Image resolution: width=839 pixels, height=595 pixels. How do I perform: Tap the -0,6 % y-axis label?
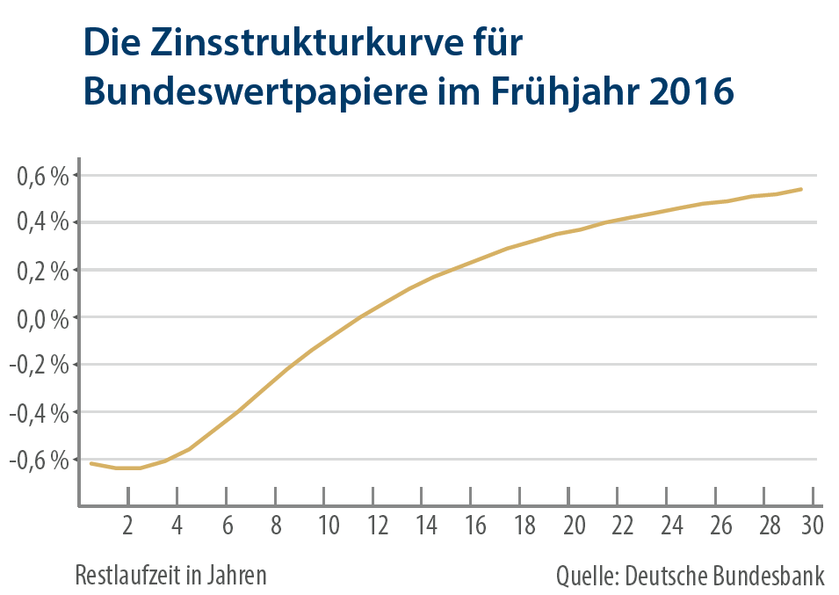39,460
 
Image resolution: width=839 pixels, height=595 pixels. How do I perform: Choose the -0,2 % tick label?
39,365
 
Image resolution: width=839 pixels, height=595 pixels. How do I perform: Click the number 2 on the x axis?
128,526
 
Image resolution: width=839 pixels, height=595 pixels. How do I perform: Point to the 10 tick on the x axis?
329,526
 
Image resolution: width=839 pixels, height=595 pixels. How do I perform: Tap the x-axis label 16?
476,526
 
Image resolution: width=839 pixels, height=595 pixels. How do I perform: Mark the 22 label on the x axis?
623,526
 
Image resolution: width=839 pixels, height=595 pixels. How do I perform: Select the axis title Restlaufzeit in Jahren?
170,576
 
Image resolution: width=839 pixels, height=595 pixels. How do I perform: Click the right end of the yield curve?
801,189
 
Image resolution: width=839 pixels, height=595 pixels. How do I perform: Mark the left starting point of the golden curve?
91,463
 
